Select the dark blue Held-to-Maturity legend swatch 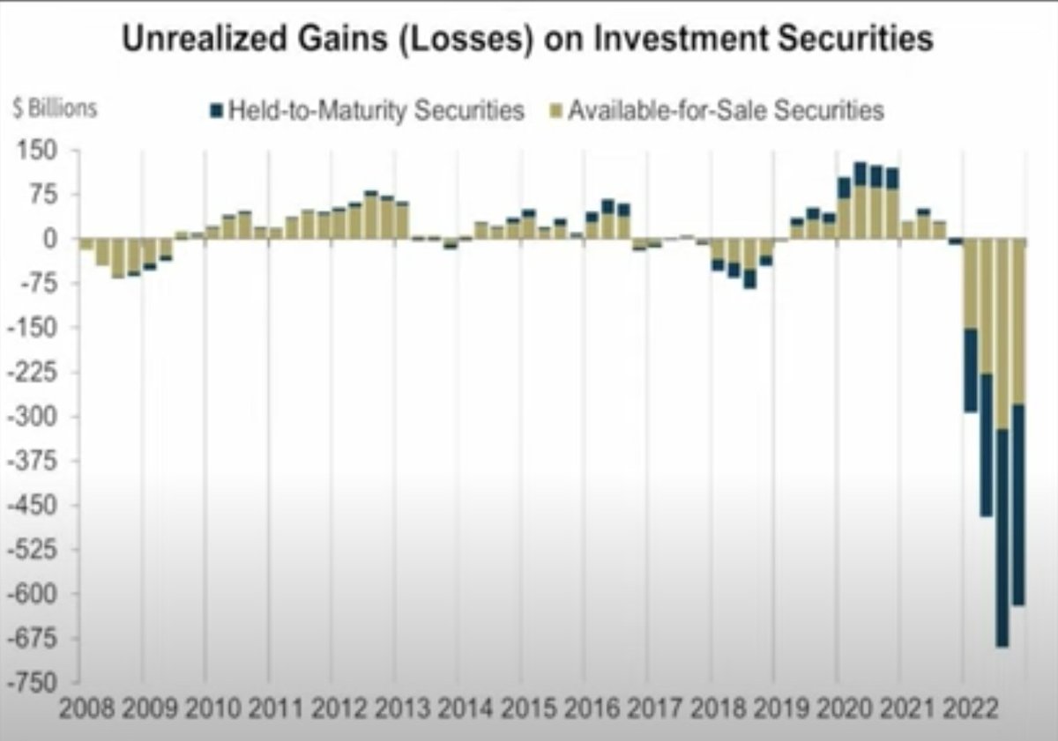tap(215, 111)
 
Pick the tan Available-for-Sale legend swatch tap(554, 111)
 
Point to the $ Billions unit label tap(55, 110)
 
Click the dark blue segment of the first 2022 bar tap(970, 370)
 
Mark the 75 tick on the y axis tap(42, 195)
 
